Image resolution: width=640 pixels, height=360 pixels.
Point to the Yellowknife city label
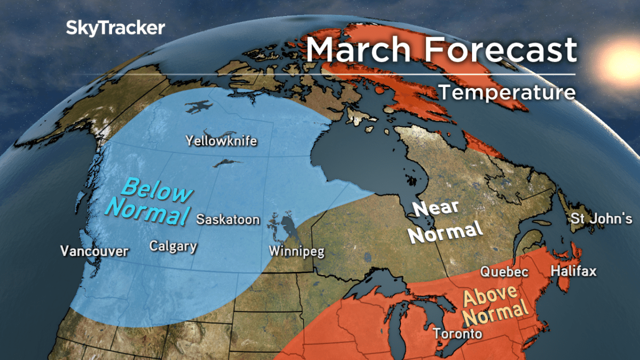pos(221,141)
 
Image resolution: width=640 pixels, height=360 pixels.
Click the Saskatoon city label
pos(228,219)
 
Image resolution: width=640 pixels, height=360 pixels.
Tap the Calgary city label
pos(173,246)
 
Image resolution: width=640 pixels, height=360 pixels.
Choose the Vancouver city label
pos(94,251)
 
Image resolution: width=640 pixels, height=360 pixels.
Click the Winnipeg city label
pos(297,251)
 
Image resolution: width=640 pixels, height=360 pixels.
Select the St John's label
pos(601,219)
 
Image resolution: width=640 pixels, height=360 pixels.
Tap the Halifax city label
pos(573,271)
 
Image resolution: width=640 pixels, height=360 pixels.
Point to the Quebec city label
pos(504,271)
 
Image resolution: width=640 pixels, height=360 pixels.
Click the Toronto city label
pos(458,334)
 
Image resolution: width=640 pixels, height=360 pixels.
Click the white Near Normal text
pos(446,221)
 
